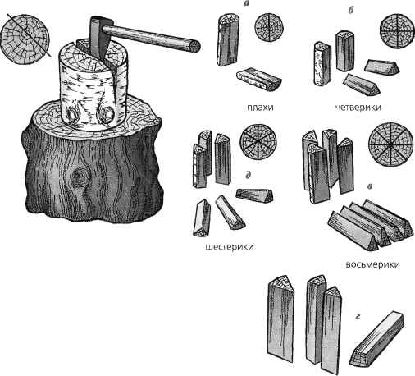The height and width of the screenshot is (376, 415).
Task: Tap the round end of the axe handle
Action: pos(195,46)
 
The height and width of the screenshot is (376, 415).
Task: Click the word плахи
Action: pos(260,108)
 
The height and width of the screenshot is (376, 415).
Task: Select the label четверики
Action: pos(358,107)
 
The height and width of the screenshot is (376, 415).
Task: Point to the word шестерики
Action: pos(230,246)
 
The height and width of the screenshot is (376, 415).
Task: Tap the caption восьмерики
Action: pos(372,264)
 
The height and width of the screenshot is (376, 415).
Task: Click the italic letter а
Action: pos(248,4)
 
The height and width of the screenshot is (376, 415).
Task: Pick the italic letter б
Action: pos(351,10)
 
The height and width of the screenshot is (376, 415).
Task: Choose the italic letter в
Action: pos(370,186)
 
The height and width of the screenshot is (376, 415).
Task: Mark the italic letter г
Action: pos(358,317)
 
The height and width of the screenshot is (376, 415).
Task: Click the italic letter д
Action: pos(248,175)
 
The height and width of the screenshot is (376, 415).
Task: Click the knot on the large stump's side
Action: pos(80,177)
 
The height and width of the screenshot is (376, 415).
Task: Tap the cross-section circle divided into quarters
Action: pos(395,31)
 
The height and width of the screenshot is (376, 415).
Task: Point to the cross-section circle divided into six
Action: pos(258,142)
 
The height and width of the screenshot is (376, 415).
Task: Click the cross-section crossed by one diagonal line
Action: pos(25,39)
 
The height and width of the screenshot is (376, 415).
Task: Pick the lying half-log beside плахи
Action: pos(259,79)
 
